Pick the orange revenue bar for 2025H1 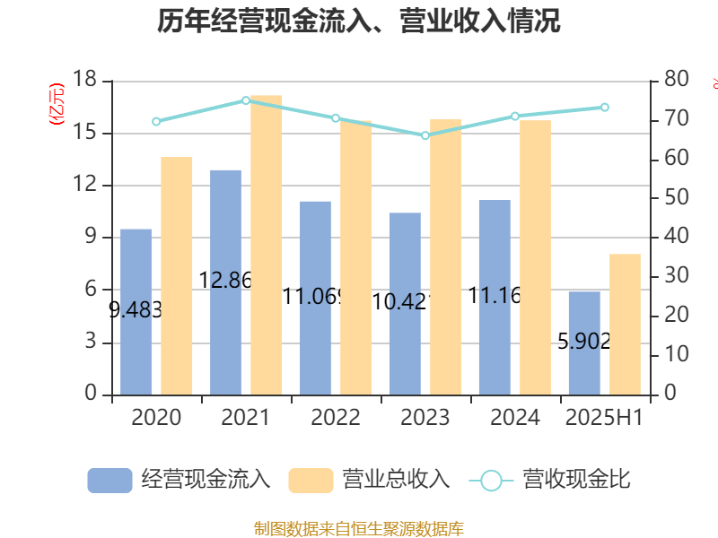626,324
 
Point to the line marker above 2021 246,100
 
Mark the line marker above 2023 425,135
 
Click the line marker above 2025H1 605,108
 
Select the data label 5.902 584,341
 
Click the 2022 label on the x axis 336,418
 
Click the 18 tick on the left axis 86,81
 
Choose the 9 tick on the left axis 92,238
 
